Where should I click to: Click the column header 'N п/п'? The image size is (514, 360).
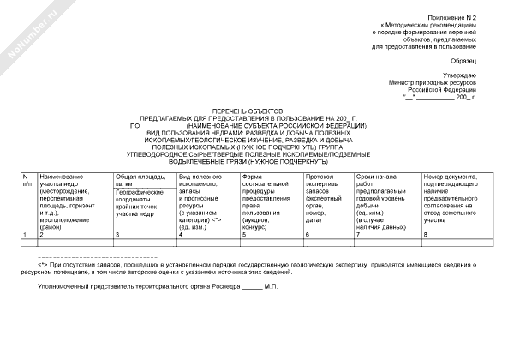coord(26,179)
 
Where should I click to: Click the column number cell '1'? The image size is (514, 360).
coord(25,233)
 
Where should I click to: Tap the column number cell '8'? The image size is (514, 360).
coord(424,233)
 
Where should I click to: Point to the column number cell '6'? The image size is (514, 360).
coord(307,233)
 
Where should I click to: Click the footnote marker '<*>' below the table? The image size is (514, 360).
coord(42,267)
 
